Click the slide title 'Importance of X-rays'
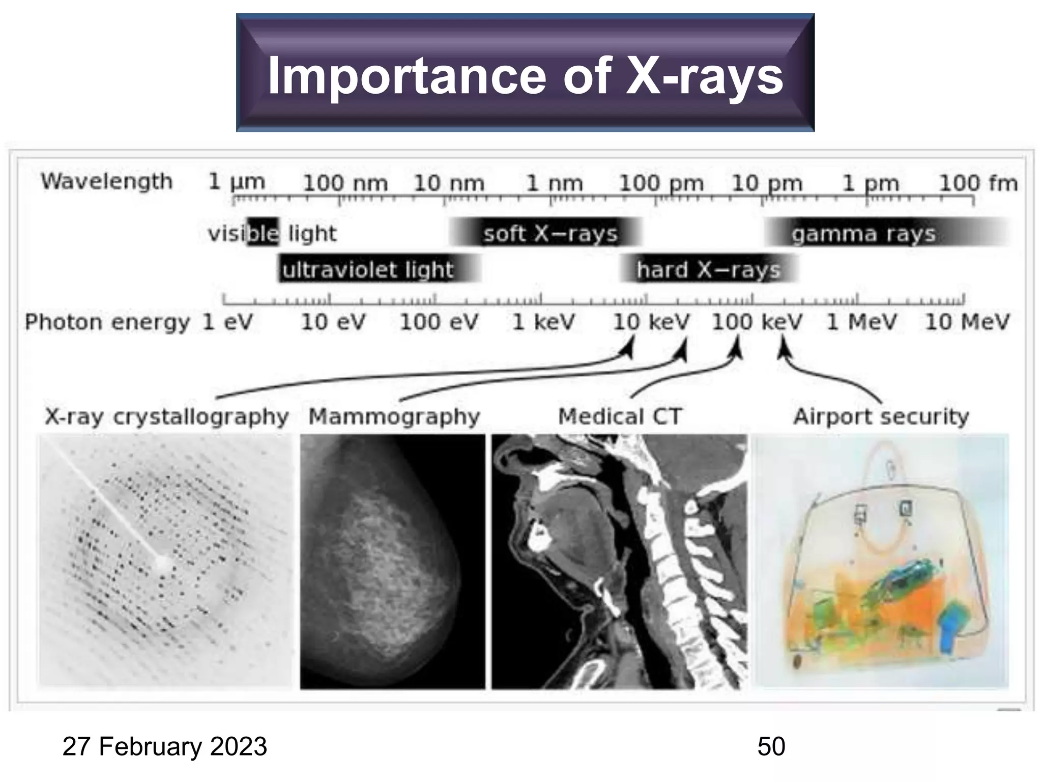(x=525, y=75)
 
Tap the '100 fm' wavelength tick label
(x=978, y=183)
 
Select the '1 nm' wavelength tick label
(x=554, y=183)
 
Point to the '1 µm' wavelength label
(x=237, y=182)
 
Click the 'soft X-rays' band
(x=550, y=234)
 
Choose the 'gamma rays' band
(x=864, y=234)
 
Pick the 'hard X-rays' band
(x=708, y=269)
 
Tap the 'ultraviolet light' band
(x=367, y=269)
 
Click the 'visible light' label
(x=272, y=234)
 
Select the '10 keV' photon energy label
(x=651, y=322)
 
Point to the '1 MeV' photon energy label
(x=861, y=322)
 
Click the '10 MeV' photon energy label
(x=967, y=322)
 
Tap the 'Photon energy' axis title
(x=107, y=322)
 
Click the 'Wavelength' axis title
(x=107, y=182)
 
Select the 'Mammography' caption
(x=394, y=416)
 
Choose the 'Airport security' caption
(x=881, y=416)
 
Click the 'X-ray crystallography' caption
(x=167, y=416)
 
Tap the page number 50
(x=771, y=746)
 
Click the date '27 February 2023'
(x=165, y=746)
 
